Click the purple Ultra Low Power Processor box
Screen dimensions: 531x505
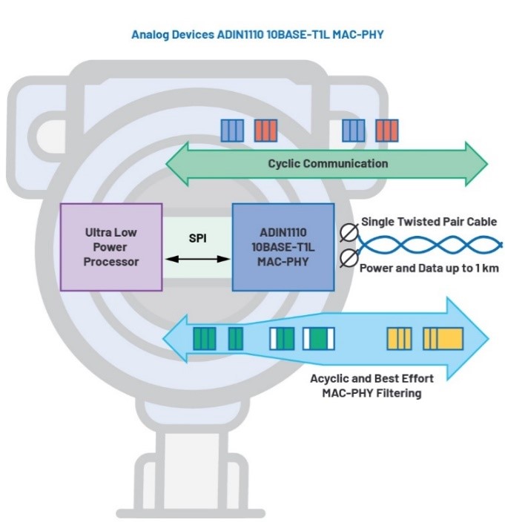click(x=111, y=246)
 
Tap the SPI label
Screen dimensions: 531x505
click(x=197, y=239)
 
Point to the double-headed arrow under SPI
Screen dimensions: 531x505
click(x=197, y=259)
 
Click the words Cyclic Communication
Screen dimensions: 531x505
click(x=327, y=163)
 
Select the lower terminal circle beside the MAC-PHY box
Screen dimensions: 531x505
click(x=346, y=259)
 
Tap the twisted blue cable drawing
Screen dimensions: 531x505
click(x=430, y=245)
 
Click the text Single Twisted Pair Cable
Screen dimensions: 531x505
click(x=429, y=222)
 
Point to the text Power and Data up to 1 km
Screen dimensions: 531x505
click(x=428, y=268)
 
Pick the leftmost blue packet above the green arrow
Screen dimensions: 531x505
click(x=232, y=131)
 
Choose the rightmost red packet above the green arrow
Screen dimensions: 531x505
click(x=386, y=131)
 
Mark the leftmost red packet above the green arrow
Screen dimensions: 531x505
click(x=265, y=131)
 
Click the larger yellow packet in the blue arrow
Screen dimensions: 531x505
click(x=443, y=338)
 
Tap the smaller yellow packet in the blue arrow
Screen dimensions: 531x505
click(x=399, y=338)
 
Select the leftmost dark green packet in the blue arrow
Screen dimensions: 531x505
click(x=205, y=339)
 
